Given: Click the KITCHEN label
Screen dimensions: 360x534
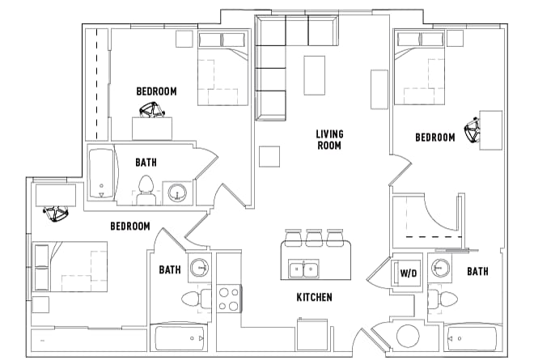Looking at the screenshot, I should pyautogui.click(x=314, y=298).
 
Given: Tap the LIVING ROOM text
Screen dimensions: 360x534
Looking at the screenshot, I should pyautogui.click(x=328, y=139).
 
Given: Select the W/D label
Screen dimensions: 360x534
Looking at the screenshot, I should pyautogui.click(x=409, y=273).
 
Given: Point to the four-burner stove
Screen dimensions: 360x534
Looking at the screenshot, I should pyautogui.click(x=229, y=299).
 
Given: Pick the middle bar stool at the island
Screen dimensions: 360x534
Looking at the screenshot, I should pyautogui.click(x=312, y=237).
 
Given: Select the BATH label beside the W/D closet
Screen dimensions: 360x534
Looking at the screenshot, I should pyautogui.click(x=477, y=272).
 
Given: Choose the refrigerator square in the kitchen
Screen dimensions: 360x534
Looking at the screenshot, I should pyautogui.click(x=308, y=334).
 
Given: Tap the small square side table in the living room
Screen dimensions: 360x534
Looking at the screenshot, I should pyautogui.click(x=269, y=155).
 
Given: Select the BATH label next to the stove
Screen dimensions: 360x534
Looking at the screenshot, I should pyautogui.click(x=170, y=270).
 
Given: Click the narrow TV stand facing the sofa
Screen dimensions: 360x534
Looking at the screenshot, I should pyautogui.click(x=379, y=89).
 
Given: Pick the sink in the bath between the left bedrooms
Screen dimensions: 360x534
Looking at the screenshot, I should pyautogui.click(x=178, y=193).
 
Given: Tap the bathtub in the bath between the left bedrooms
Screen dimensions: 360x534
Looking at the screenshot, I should pyautogui.click(x=102, y=174).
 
